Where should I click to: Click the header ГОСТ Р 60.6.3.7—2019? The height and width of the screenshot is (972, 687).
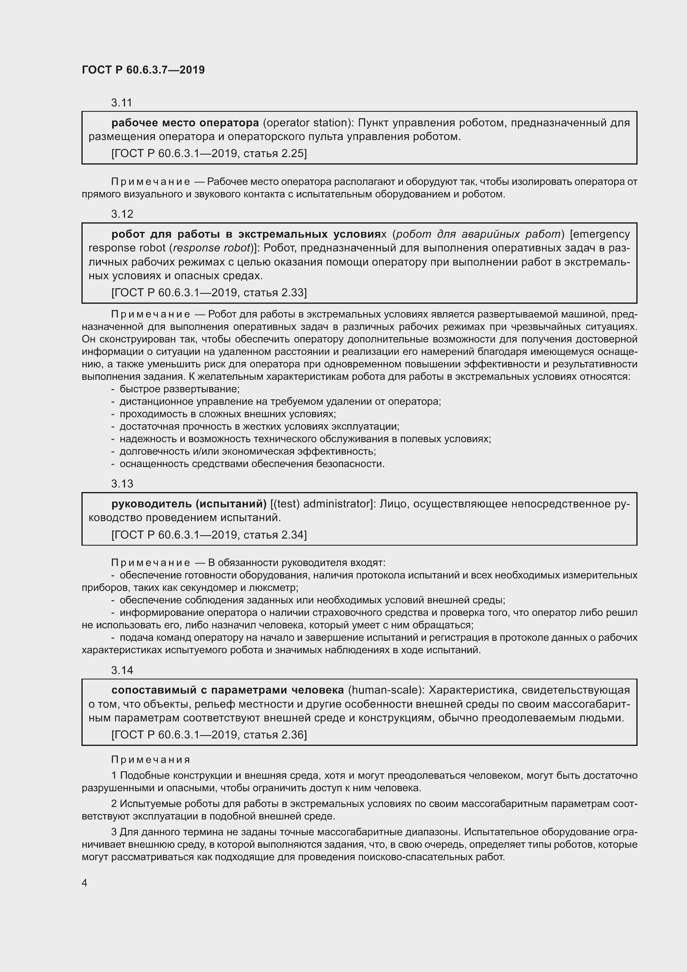pos(143,70)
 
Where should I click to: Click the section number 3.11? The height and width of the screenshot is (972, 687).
pos(121,103)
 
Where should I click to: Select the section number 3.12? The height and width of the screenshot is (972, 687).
pos(122,214)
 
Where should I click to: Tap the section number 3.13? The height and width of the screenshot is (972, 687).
pos(122,483)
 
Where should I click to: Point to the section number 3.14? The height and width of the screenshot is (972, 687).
pos(122,670)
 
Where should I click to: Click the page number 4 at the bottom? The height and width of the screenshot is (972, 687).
pos(85,883)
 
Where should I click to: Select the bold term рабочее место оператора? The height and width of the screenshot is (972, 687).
pos(185,123)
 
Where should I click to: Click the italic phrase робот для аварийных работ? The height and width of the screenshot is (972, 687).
pos(478,234)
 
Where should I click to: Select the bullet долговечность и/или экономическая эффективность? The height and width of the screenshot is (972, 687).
pos(248,451)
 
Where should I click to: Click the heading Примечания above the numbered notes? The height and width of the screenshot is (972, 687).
pos(151,760)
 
